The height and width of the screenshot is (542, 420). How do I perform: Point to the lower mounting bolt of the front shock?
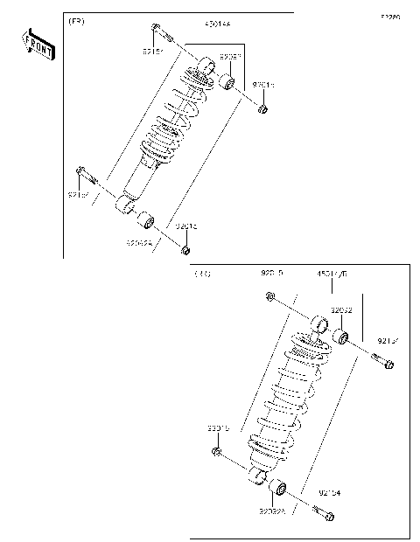[x=83, y=170]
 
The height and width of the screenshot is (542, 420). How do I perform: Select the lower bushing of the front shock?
[x=147, y=219]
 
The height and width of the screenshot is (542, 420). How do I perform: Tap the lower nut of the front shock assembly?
[x=185, y=252]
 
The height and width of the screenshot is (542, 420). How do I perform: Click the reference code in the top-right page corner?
[x=389, y=17]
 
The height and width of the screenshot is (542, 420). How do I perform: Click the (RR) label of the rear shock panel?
[x=202, y=274]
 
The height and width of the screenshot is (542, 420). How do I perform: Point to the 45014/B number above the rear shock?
[x=332, y=274]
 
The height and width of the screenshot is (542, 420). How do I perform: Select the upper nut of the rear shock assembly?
[x=271, y=299]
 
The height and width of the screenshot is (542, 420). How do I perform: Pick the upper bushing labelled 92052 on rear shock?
[x=343, y=337]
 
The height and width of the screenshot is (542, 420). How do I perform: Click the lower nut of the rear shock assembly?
[x=216, y=451]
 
